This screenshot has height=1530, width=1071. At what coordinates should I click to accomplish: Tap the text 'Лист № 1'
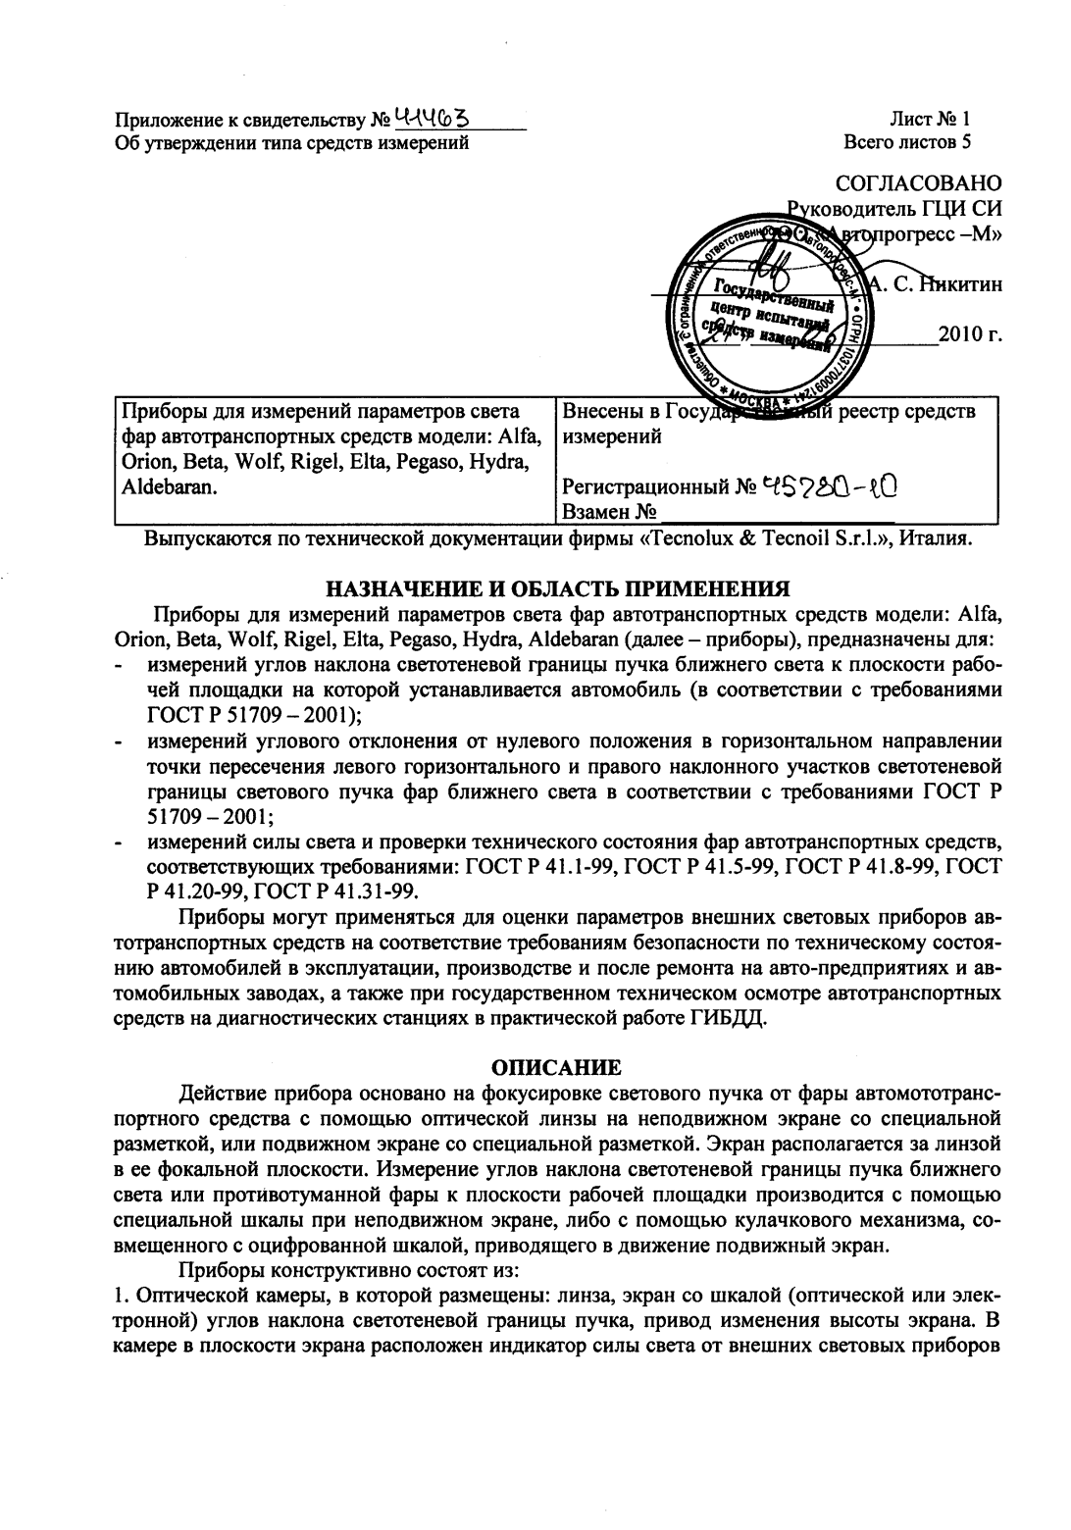point(930,121)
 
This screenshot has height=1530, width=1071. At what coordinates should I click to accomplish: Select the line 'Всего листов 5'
point(908,142)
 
